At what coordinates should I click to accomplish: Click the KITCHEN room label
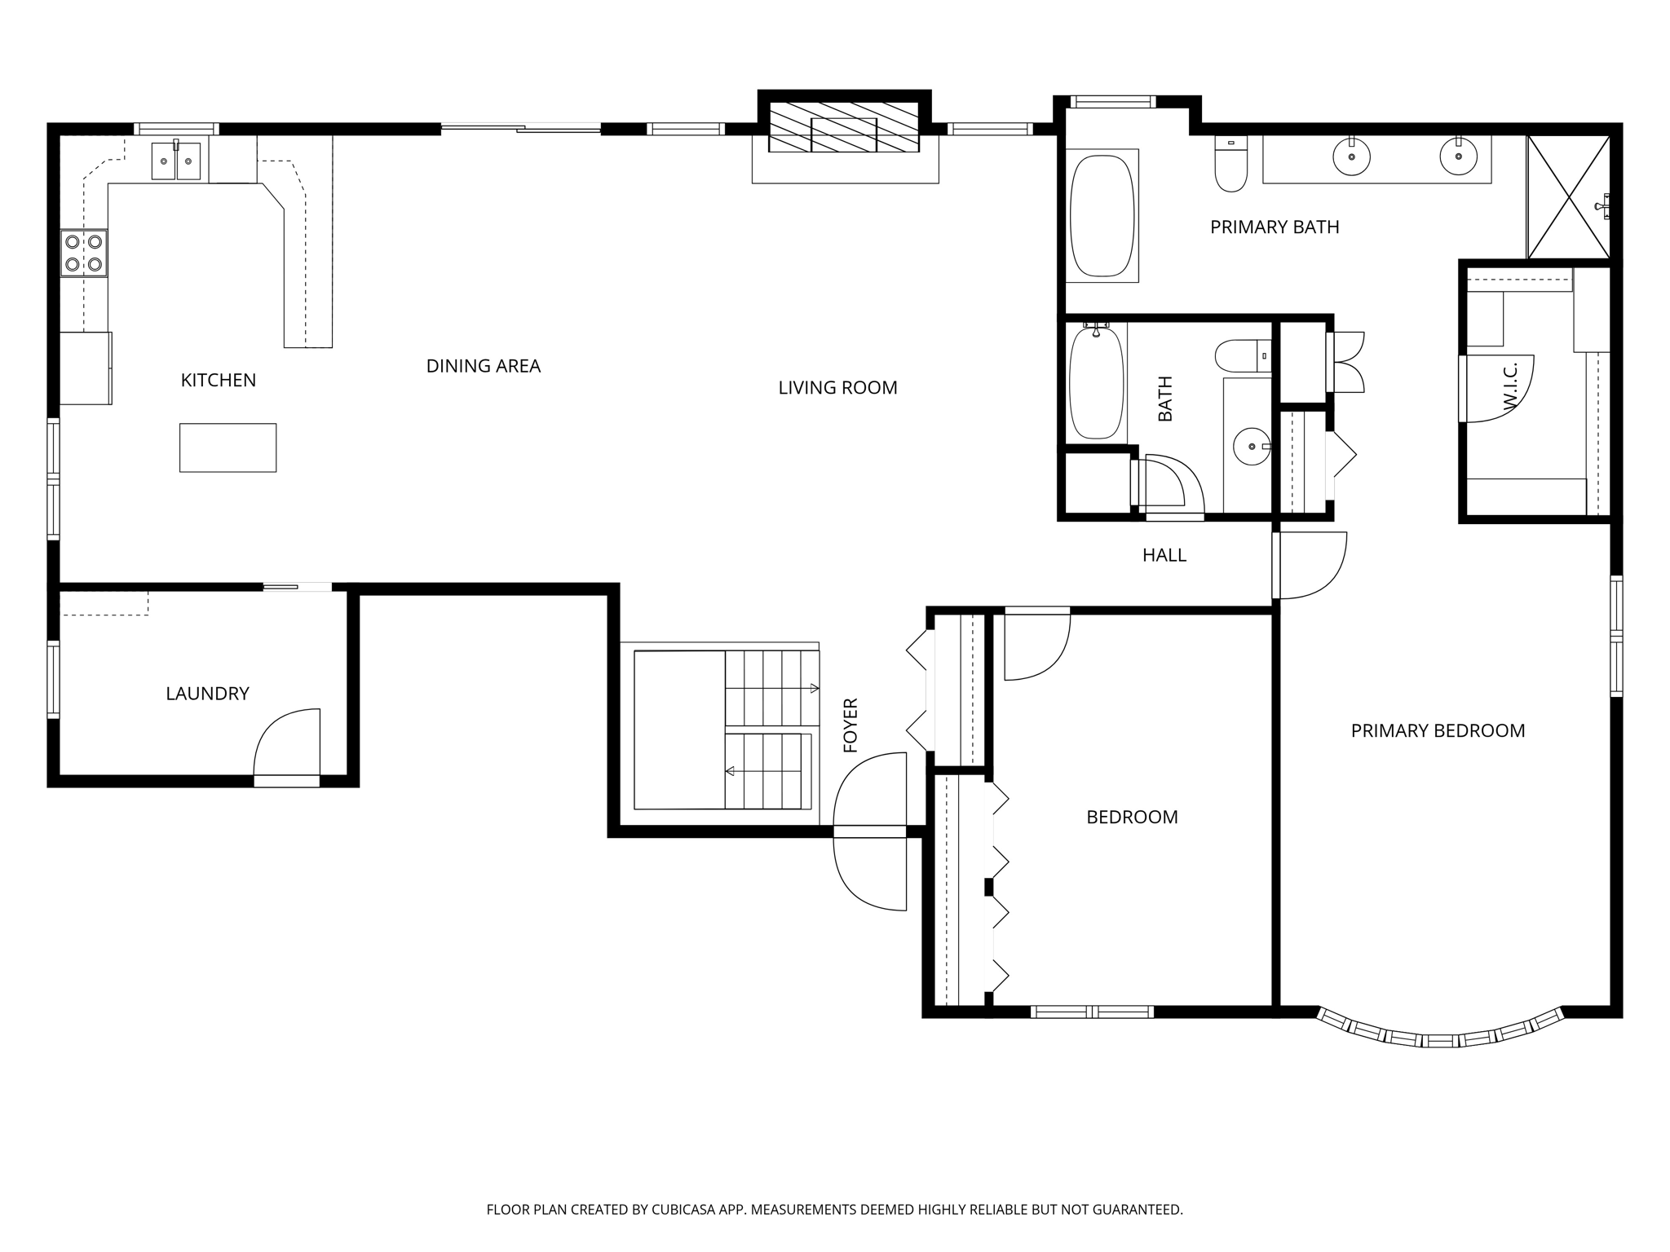click(218, 380)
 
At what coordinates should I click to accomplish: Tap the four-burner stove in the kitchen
click(84, 253)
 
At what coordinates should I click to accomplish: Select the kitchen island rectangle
click(228, 447)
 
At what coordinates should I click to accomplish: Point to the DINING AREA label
click(483, 366)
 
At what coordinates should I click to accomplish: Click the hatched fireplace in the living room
click(844, 127)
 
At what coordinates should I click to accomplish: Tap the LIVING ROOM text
click(837, 388)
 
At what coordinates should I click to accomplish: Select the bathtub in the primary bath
click(1101, 215)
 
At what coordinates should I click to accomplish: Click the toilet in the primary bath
click(1230, 165)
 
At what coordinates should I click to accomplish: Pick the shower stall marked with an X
click(1568, 197)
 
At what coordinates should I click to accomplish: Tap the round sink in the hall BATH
click(1251, 447)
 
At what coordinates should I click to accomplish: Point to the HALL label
click(1164, 555)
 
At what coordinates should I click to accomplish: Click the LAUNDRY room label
click(207, 694)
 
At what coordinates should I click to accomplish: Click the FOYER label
click(850, 725)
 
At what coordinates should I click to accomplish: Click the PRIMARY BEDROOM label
click(1438, 731)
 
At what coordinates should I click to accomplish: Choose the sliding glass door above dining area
click(520, 128)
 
